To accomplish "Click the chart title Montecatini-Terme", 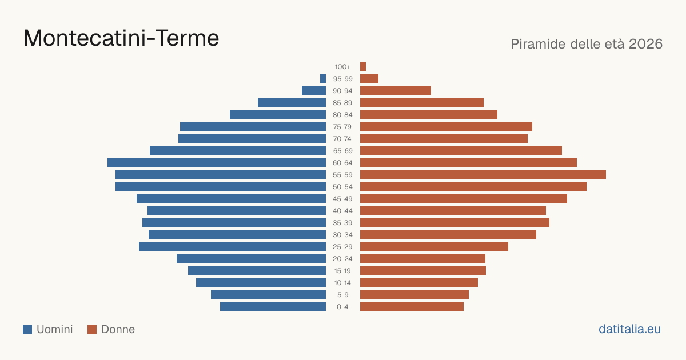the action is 121,38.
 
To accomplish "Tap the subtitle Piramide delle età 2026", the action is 587,44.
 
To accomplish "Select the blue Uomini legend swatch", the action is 27,329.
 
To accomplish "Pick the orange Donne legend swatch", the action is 92,329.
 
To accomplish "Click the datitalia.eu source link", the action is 629,329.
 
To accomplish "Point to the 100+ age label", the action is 342,67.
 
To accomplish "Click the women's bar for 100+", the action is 363,66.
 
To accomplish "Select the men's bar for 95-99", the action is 323,78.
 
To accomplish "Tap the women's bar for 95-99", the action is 369,78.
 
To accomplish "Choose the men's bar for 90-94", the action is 314,91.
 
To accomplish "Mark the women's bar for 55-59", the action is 483,174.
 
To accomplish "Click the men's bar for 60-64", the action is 217,162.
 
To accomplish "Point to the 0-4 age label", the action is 342,307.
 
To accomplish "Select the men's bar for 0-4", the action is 273,306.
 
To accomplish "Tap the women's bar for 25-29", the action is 434,246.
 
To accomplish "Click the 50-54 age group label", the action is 342,187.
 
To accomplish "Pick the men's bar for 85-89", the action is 292,102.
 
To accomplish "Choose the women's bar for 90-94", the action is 396,91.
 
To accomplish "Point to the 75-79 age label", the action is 342,127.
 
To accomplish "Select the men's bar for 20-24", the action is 251,258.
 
